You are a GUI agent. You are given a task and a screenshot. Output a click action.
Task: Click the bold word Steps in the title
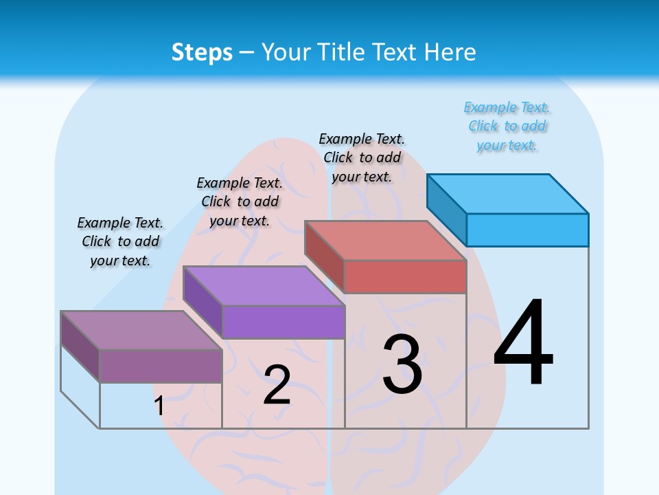pos(202,52)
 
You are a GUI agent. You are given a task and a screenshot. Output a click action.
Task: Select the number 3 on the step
pos(402,364)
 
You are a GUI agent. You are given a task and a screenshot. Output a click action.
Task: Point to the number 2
pos(277,385)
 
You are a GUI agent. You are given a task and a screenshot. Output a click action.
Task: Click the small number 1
pos(159,406)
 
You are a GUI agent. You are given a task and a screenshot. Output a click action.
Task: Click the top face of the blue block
pos(508,193)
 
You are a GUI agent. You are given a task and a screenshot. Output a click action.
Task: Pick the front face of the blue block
pos(527,230)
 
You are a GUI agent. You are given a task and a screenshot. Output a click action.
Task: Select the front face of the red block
pos(405,276)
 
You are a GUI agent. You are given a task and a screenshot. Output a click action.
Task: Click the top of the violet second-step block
pos(264,285)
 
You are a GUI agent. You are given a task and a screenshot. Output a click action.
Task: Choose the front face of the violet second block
pos(283,322)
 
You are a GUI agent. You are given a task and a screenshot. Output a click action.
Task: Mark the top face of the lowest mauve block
pos(141,330)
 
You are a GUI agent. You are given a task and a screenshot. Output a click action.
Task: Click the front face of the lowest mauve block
pos(161,366)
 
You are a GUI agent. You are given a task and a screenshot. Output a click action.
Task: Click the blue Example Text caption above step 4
pos(507,126)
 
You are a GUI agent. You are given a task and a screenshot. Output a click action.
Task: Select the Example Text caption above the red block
pos(362,157)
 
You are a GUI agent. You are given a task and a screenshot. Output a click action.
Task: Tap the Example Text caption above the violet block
pos(240,201)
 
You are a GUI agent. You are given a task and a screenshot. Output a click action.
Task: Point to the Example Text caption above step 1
pos(120,241)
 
